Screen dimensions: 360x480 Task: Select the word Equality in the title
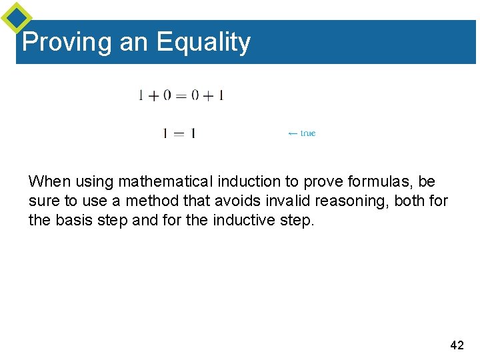pyautogui.click(x=203, y=42)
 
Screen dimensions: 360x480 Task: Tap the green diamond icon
pyautogui.click(x=16, y=17)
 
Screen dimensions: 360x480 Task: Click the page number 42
pyautogui.click(x=457, y=345)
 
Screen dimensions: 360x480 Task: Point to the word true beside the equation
pyautogui.click(x=308, y=133)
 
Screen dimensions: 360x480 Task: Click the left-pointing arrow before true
pyautogui.click(x=293, y=133)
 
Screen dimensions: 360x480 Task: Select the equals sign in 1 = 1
pyautogui.click(x=179, y=133)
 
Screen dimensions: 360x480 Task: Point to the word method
pyautogui.click(x=145, y=201)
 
